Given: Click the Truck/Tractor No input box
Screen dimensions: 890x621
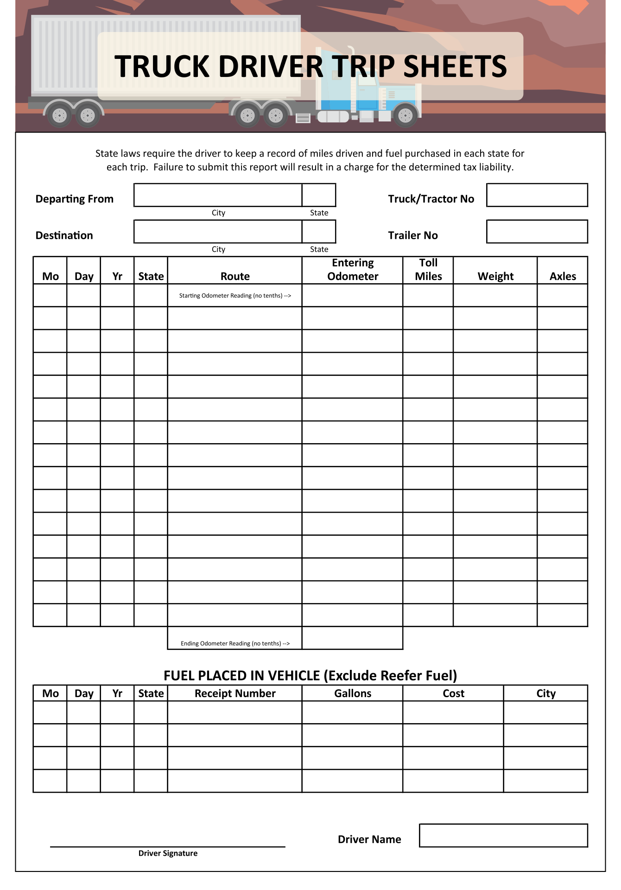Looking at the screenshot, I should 537,195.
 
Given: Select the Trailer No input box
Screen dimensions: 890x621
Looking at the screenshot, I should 537,232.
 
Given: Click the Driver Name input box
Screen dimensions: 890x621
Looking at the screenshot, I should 503,835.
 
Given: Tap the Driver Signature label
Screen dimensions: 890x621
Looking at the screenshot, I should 168,853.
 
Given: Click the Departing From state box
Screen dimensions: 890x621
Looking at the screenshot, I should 319,195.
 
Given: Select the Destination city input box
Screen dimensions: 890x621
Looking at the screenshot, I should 218,232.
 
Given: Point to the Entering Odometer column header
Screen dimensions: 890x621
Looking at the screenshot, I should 353,270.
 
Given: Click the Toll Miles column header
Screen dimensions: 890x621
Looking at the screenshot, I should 428,270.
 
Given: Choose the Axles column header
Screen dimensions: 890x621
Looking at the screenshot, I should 563,276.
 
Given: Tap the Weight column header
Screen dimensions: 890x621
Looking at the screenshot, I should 495,276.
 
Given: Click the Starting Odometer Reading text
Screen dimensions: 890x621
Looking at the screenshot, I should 235,296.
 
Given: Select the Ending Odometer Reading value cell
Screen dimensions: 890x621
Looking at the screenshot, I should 352,638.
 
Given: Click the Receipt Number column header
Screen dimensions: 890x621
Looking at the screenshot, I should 235,693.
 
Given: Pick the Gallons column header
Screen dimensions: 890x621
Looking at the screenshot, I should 353,693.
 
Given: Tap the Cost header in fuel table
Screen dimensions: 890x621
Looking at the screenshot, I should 453,693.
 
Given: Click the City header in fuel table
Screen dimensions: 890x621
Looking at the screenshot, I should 545,693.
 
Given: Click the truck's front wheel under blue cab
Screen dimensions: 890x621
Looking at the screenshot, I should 405,115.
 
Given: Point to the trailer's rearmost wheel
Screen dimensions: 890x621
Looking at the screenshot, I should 59,115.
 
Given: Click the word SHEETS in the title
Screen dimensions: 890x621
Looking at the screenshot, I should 455,66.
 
